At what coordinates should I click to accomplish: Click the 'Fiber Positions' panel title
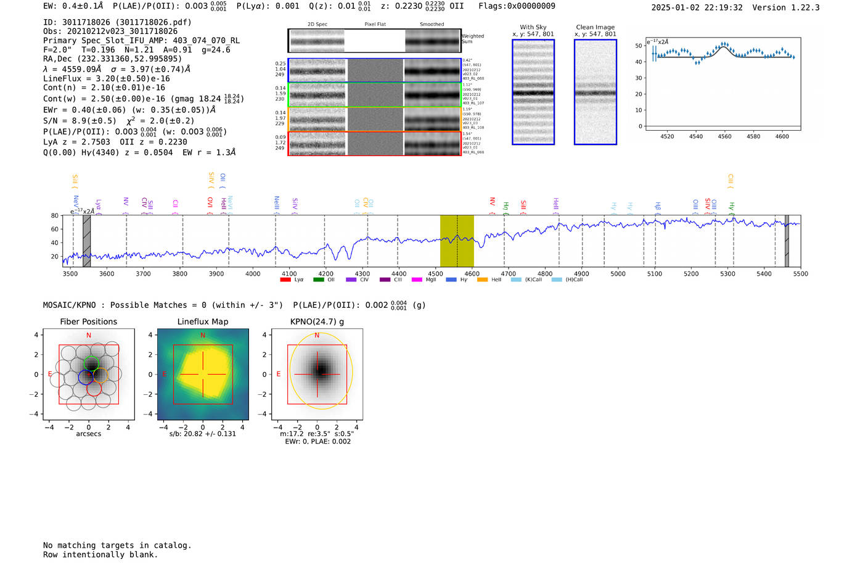(x=88, y=321)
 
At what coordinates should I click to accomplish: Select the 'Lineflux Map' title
(x=203, y=321)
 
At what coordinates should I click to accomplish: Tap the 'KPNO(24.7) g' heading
(x=317, y=321)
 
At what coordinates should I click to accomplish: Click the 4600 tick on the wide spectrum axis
(x=472, y=273)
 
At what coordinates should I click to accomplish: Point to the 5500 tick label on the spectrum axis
(x=800, y=273)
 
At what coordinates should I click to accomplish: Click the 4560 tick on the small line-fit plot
(x=724, y=136)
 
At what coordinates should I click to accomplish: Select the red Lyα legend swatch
(x=285, y=280)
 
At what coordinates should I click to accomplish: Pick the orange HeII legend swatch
(x=482, y=280)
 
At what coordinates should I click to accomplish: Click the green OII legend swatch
(x=318, y=280)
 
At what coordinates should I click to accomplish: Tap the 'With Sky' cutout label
(x=533, y=27)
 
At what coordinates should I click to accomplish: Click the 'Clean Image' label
(x=595, y=27)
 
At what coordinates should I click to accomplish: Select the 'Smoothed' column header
(x=431, y=25)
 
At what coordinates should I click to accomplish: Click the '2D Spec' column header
(x=317, y=25)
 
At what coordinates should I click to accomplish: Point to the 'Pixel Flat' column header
(x=375, y=25)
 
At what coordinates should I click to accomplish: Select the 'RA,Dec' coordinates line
(x=112, y=59)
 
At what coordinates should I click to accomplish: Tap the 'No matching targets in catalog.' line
(x=117, y=545)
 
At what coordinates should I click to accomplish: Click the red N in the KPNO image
(x=317, y=336)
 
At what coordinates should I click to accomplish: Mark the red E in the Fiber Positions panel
(x=50, y=374)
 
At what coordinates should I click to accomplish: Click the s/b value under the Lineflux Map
(x=203, y=434)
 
